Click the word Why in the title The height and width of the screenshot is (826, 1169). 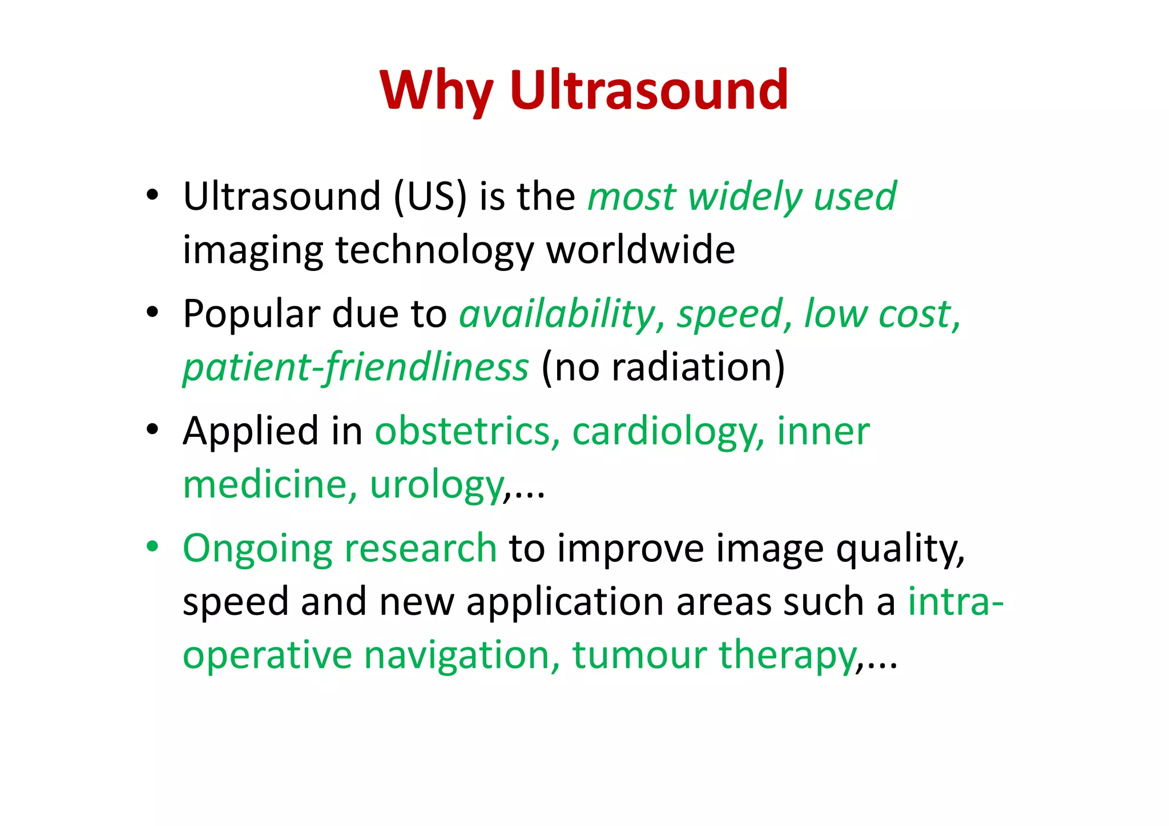tap(436, 91)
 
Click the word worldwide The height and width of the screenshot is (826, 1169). tap(641, 250)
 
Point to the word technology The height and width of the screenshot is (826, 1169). tap(434, 251)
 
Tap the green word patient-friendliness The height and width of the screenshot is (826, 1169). tap(356, 367)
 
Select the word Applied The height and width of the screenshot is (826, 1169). tap(250, 432)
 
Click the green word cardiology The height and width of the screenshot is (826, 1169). tap(668, 432)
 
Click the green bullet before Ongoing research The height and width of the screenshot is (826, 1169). tap(152, 546)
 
